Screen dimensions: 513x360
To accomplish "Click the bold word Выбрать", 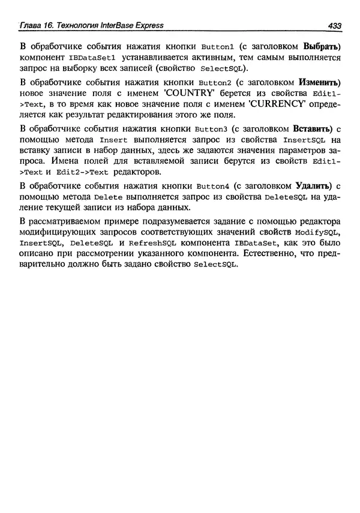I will coord(322,46).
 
